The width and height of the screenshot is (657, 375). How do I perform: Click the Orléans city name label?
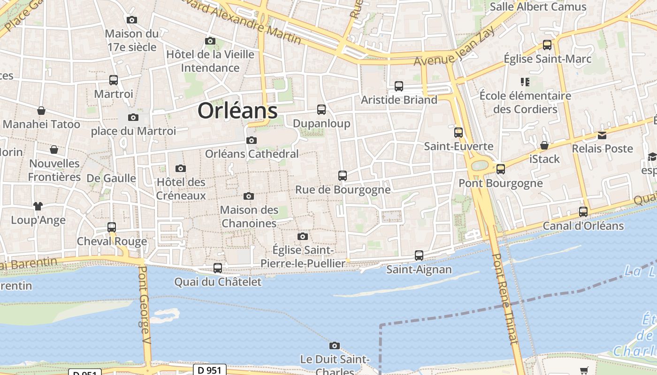tap(237, 111)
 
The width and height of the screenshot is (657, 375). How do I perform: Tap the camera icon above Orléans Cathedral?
tap(252, 140)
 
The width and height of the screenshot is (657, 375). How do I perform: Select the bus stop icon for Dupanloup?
tap(321, 110)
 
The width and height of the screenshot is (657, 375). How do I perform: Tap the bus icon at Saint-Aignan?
tap(419, 255)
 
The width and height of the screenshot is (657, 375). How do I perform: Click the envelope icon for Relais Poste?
tap(602, 135)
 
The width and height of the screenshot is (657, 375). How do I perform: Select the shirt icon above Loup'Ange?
tap(38, 206)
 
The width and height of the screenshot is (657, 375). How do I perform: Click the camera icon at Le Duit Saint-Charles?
tap(334, 346)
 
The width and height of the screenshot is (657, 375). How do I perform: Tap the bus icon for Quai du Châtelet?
tap(218, 268)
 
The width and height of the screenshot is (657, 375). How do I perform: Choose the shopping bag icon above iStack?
tap(544, 145)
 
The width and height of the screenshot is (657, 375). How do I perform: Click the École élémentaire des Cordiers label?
tap(525, 102)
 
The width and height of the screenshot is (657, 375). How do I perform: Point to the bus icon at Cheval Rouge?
tap(112, 227)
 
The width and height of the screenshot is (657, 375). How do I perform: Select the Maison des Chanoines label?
tap(249, 217)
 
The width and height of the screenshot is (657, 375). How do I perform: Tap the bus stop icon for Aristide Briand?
tap(399, 86)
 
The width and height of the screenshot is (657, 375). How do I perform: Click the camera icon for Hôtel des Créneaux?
tap(181, 168)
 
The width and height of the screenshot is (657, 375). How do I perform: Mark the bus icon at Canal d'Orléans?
tap(583, 212)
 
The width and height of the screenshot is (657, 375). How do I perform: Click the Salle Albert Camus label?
tap(538, 7)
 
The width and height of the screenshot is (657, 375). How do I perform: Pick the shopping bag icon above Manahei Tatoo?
tap(41, 111)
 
